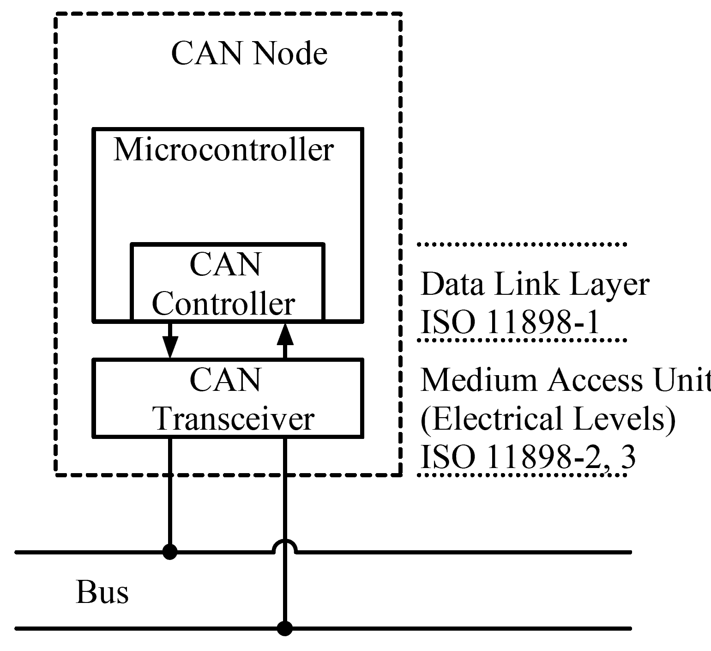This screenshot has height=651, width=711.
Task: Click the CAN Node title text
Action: pyautogui.click(x=249, y=53)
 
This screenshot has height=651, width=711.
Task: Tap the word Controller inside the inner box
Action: pyautogui.click(x=223, y=304)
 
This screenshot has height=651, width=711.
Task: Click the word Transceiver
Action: pyautogui.click(x=235, y=419)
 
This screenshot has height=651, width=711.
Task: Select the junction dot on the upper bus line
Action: pyautogui.click(x=170, y=552)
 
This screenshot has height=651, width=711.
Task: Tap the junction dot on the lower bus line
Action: pyautogui.click(x=285, y=628)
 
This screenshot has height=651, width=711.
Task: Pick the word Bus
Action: pyautogui.click(x=102, y=592)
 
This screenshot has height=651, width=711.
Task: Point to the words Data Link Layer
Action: pyautogui.click(x=535, y=284)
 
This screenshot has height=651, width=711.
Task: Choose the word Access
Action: pyautogui.click(x=596, y=380)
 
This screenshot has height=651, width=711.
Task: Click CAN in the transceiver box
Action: pyautogui.click(x=225, y=380)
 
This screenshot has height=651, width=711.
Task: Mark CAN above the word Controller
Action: pyautogui.click(x=225, y=264)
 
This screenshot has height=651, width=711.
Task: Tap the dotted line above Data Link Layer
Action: pyautogui.click(x=522, y=244)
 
